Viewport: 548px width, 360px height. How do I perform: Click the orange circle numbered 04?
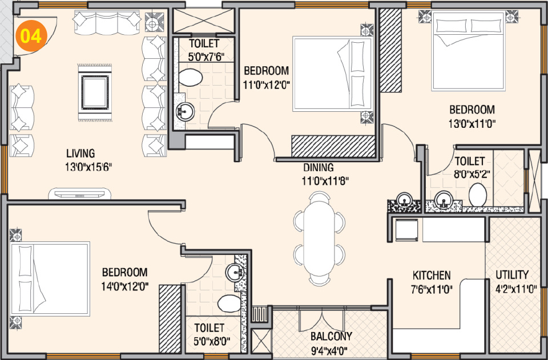pos(30,37)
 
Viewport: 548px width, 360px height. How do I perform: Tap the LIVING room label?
pos(80,153)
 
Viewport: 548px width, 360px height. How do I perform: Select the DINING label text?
pos(319,168)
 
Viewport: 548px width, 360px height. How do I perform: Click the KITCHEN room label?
pos(432,275)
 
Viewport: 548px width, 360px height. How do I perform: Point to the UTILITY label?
pos(511,274)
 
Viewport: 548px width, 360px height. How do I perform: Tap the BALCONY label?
pos(331,336)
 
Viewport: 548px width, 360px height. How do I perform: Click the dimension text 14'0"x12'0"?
pos(124,287)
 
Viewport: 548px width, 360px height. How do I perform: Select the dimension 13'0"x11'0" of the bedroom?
pos(472,123)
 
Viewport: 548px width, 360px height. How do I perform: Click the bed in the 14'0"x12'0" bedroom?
pos(50,279)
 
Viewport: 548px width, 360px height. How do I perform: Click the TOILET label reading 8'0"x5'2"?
pos(469,161)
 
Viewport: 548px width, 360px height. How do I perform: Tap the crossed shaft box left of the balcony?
pos(262,343)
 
